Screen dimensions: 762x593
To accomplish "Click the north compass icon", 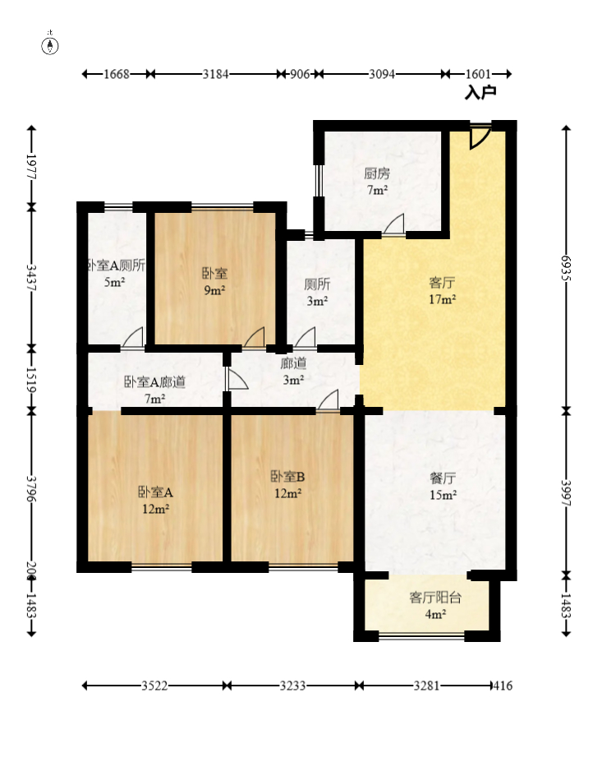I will tap(51, 45).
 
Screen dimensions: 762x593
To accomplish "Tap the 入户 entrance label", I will tap(480, 93).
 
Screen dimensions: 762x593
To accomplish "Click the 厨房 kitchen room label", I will tap(377, 181).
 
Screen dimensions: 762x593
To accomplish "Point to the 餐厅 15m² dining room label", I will tap(443, 486).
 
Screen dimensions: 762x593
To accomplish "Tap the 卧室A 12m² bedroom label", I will tap(155, 501).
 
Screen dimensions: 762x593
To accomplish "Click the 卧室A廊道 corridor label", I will tap(154, 390).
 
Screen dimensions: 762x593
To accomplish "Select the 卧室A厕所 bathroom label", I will tap(115, 274).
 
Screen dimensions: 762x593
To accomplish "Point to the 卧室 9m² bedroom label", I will tap(214, 281).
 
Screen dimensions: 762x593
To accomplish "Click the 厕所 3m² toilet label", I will tap(317, 292).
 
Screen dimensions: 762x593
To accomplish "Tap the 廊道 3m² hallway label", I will tap(293, 371).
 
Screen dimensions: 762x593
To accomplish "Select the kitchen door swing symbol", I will tap(395, 224).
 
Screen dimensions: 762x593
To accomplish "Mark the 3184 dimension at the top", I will tap(216, 74).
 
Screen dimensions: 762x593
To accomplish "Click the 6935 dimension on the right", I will tap(566, 268).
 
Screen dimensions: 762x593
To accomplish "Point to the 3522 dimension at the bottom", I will tap(154, 686).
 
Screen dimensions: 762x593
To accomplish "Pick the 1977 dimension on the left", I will tap(31, 167).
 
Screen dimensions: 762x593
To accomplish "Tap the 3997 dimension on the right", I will tap(566, 491).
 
